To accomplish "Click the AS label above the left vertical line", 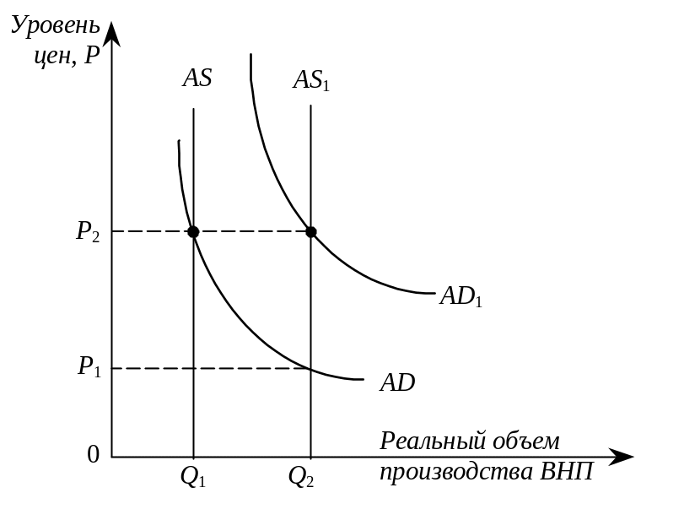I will pyautogui.click(x=197, y=79).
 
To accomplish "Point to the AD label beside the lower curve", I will pyautogui.click(x=397, y=382).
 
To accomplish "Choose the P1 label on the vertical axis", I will pyautogui.click(x=89, y=367).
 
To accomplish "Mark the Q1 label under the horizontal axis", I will pyautogui.click(x=193, y=478).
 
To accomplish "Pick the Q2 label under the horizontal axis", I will pyautogui.click(x=301, y=478).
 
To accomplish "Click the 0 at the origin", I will pyautogui.click(x=94, y=455).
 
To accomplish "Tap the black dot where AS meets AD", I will pyautogui.click(x=194, y=231).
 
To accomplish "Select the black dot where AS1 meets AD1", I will pyautogui.click(x=311, y=231).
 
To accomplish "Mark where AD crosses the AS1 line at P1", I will pyautogui.click(x=311, y=368).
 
